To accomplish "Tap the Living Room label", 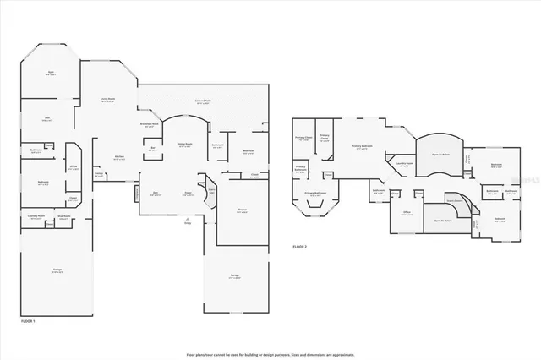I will pos(107,100).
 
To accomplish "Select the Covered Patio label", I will pos(203,101).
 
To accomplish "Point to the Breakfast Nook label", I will pos(150,125).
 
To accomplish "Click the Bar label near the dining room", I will pos(153,150).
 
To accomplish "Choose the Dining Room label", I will pos(183,145).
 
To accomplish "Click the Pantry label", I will pos(99,175).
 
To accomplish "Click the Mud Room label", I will pos(63,216).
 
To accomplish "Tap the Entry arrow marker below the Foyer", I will pos(188,222).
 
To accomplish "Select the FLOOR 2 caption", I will pos(300,246).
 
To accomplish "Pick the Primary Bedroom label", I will pos(361,146).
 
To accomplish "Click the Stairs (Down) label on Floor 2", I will pos(454,200).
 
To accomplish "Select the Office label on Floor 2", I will pos(407,212).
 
